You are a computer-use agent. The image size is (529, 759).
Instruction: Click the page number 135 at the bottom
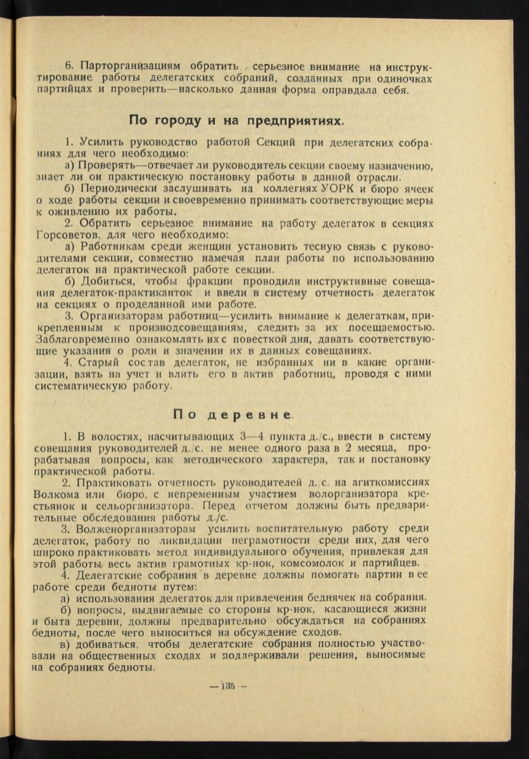[x=228, y=686]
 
